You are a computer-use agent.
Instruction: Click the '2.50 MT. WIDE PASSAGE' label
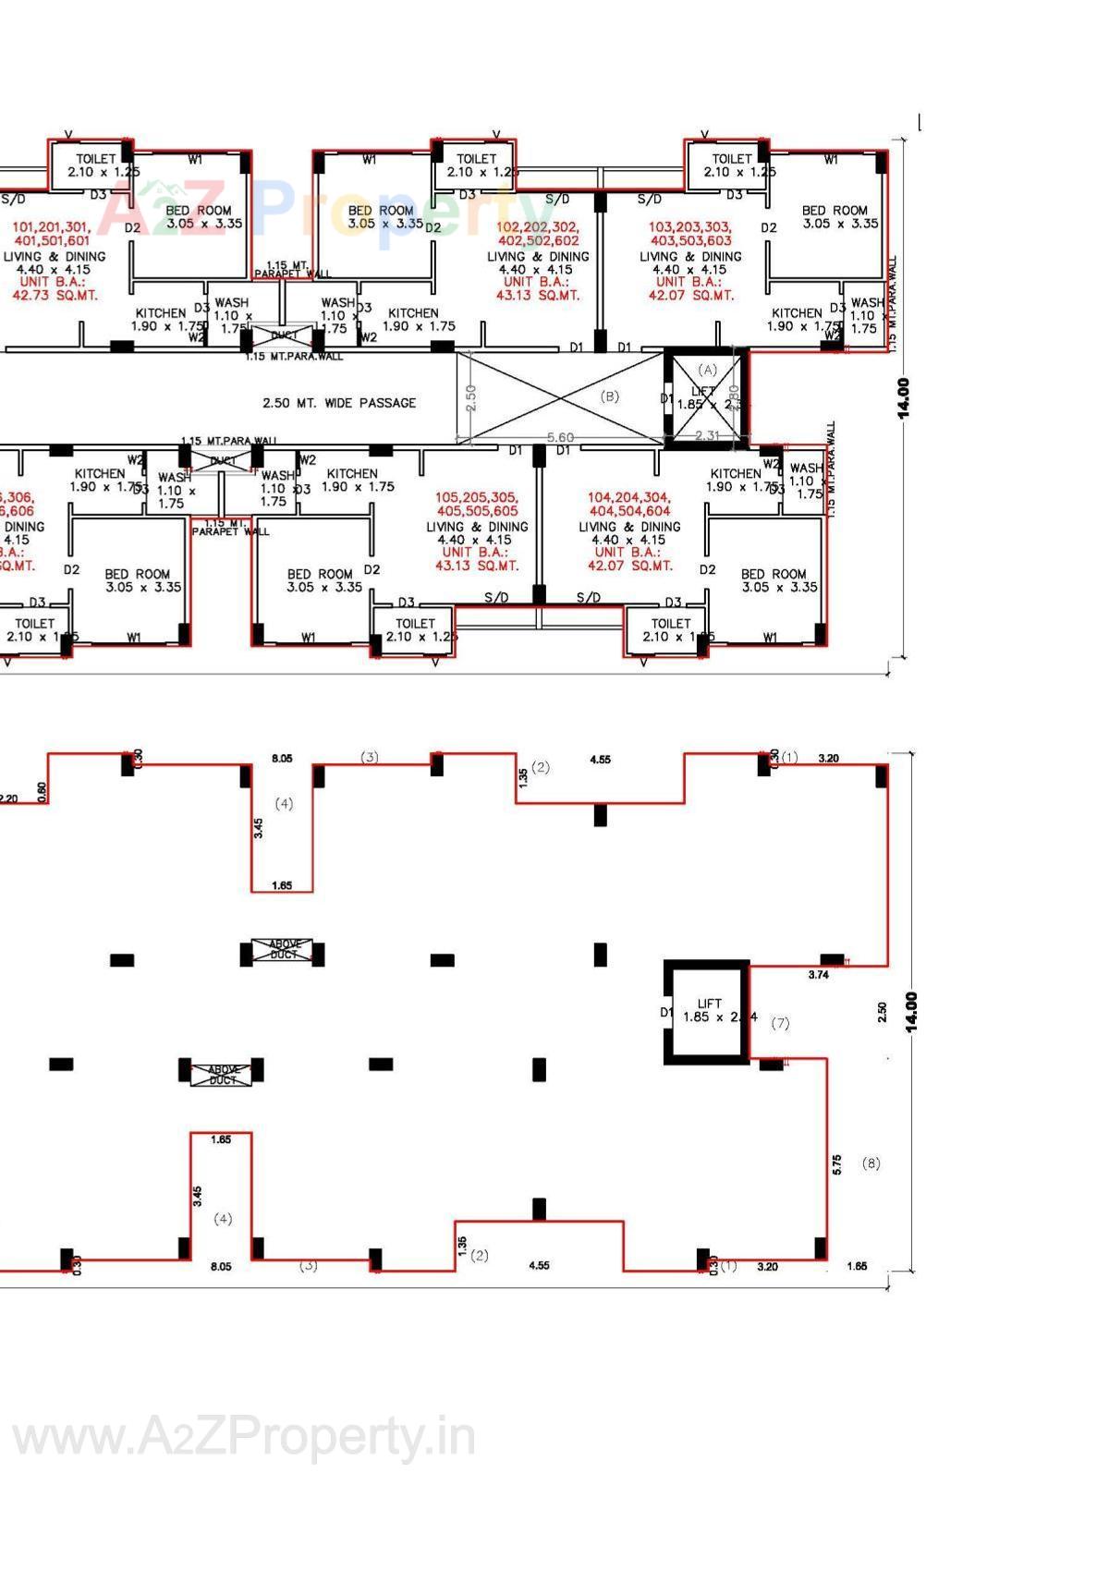click(x=339, y=403)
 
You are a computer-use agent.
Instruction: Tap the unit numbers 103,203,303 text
click(x=689, y=227)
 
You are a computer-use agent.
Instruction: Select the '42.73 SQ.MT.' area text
click(x=55, y=296)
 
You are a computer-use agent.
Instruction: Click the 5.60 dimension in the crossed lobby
click(x=560, y=437)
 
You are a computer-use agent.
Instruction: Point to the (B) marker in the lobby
click(x=610, y=396)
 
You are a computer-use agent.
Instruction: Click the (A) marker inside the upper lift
click(x=707, y=369)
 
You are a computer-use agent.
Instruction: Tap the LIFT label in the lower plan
click(x=710, y=1003)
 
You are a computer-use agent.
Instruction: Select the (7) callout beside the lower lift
click(x=780, y=1023)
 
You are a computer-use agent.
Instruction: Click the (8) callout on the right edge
click(x=871, y=1163)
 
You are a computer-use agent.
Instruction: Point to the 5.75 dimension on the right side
click(x=837, y=1164)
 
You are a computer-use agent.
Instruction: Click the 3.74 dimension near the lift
click(x=818, y=974)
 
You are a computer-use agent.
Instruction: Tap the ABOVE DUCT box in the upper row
click(x=284, y=949)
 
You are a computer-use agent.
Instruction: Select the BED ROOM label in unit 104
click(x=774, y=574)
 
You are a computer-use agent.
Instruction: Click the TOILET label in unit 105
click(x=415, y=623)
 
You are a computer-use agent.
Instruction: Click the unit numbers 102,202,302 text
click(x=538, y=227)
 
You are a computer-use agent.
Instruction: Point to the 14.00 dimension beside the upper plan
click(x=904, y=397)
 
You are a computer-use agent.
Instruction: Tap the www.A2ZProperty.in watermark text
click(x=243, y=1438)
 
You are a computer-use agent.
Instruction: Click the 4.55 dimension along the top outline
click(x=600, y=760)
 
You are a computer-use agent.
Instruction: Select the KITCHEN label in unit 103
click(x=797, y=313)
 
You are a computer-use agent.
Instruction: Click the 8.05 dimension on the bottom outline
click(x=221, y=1266)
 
